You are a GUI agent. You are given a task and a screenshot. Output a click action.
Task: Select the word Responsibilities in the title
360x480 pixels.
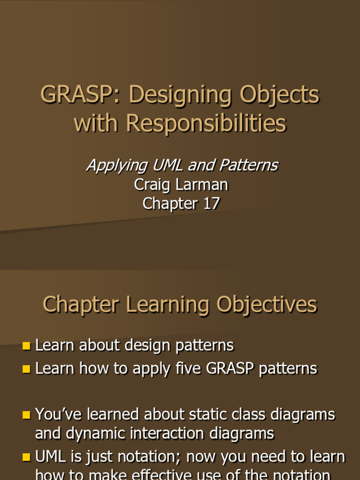point(206,123)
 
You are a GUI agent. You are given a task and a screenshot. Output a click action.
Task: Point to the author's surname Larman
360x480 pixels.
point(205,184)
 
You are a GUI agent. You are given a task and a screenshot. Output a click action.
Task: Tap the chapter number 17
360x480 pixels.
point(210,203)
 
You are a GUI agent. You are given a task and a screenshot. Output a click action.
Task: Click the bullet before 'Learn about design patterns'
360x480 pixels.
point(26,346)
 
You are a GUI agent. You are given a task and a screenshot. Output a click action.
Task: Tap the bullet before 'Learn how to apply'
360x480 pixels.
point(26,369)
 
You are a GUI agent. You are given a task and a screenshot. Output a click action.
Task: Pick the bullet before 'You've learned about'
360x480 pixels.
point(26,415)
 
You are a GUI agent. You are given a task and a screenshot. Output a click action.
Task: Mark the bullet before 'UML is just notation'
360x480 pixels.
point(26,457)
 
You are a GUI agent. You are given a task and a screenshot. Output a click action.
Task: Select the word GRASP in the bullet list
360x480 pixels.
point(230,368)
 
